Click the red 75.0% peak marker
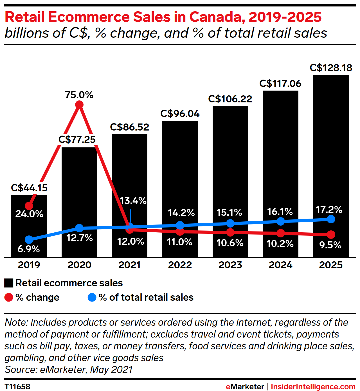coord(79,105)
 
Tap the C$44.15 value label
coord(29,188)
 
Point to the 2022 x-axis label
coord(180,265)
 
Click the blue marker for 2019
coord(29,240)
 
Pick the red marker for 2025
coord(331,234)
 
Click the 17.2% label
coord(329,210)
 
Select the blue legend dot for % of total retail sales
coord(92,297)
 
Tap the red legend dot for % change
coord(9,297)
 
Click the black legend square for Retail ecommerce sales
coord(9,283)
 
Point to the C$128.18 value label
coord(331,68)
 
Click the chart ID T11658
coord(17,386)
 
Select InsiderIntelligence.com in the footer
coord(313,387)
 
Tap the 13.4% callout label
coord(133,201)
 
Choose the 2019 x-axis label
coord(29,265)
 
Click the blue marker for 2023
coord(230,223)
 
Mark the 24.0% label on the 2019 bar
coord(29,214)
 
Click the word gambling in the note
coord(24,358)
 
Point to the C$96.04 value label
coord(180,114)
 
